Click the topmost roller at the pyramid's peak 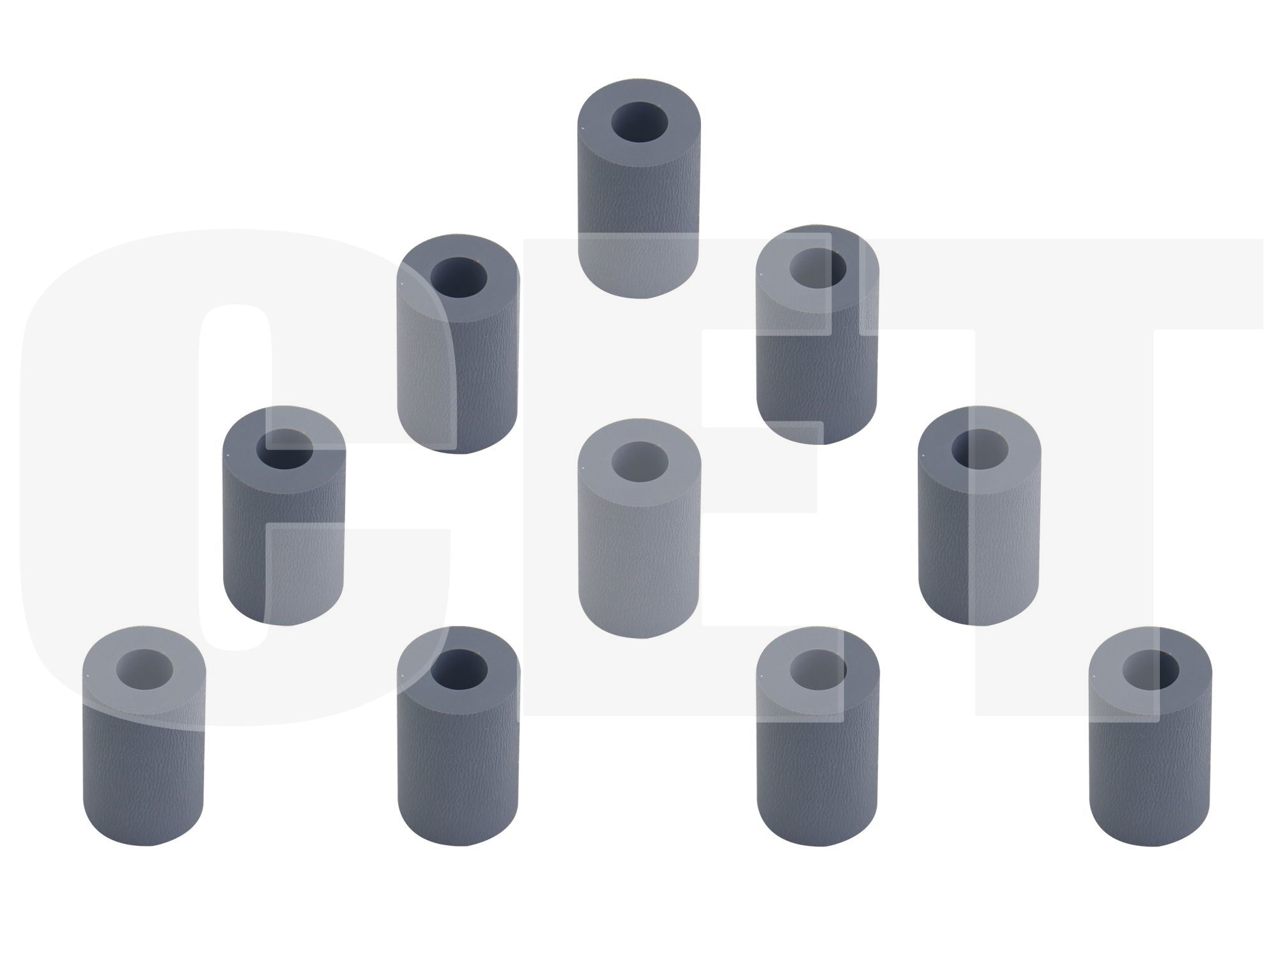[638, 189]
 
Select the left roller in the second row [458, 344]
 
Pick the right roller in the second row [817, 335]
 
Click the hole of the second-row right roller [818, 267]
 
